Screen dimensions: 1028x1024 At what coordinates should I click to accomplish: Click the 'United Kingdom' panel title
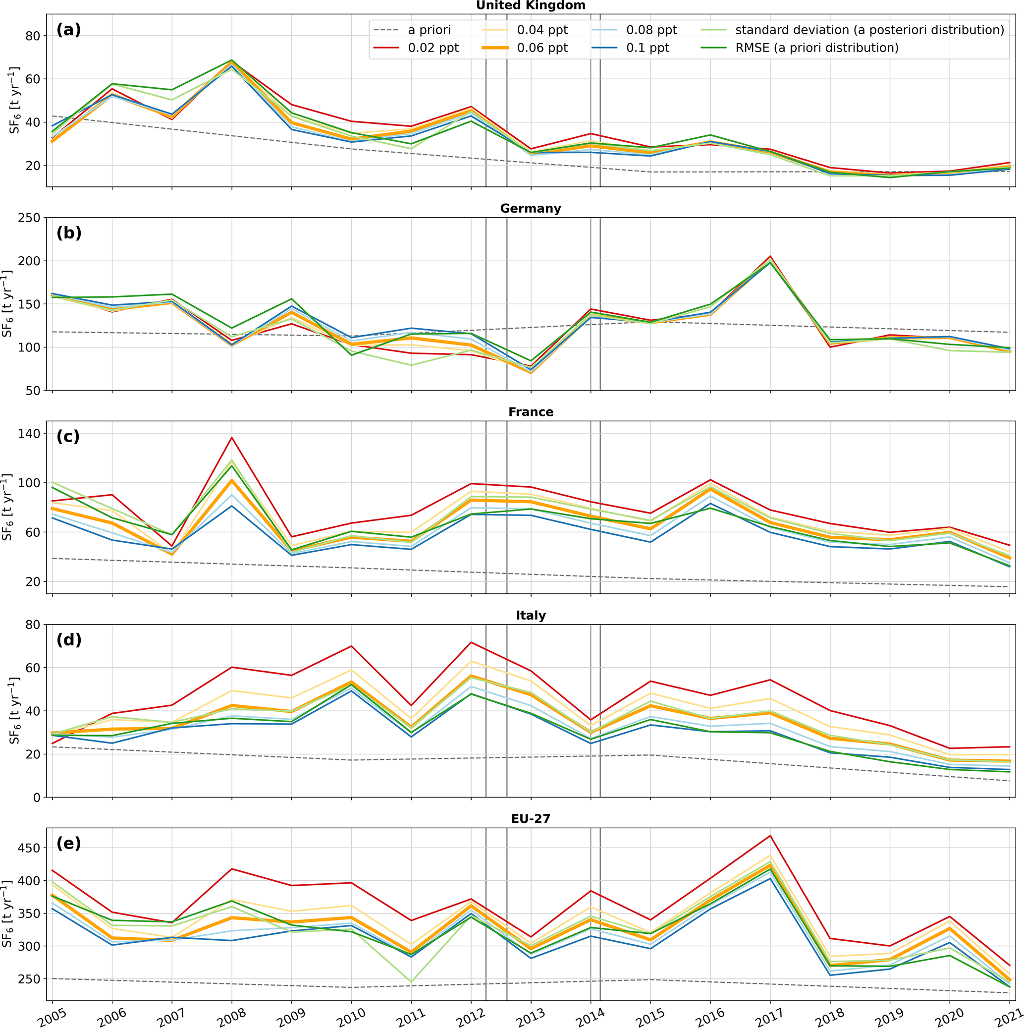pos(531,5)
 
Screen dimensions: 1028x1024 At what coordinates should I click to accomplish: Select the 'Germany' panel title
pos(531,209)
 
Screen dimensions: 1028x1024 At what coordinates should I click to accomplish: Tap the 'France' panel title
pos(531,412)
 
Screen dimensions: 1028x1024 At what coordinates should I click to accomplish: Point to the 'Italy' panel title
pos(531,615)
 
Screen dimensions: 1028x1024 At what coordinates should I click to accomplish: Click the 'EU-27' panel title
pos(531,818)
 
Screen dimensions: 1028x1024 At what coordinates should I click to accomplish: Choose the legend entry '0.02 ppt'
pos(433,48)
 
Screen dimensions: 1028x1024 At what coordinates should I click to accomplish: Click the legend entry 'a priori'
pos(429,30)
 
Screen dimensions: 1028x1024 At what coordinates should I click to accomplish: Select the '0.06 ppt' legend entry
pos(542,48)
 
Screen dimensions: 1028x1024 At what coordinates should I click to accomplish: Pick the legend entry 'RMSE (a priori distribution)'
pos(816,48)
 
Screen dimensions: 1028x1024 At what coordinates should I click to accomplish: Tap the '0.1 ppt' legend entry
pos(647,48)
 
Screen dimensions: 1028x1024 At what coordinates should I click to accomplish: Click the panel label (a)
pos(69,30)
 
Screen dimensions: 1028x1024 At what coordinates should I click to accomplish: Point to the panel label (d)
pos(69,639)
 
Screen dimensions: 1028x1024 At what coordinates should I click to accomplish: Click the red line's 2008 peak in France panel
pos(232,437)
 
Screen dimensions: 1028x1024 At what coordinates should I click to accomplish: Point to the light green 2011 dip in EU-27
pos(411,982)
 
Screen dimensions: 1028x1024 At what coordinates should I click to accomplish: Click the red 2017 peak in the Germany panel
pos(770,256)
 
